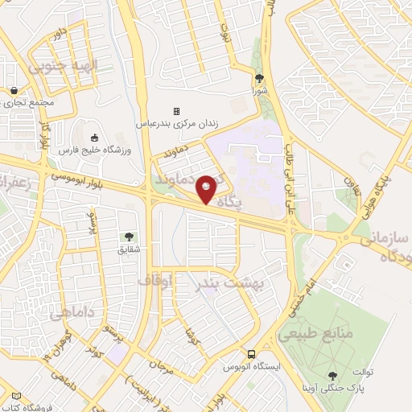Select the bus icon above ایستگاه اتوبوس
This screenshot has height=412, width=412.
point(252,354)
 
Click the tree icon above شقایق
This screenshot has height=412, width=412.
point(129,237)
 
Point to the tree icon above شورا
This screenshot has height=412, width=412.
point(259,79)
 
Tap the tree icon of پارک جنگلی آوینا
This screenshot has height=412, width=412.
point(333,376)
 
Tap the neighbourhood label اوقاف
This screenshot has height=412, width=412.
point(154,281)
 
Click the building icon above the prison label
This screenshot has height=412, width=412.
point(176,111)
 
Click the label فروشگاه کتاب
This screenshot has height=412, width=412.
point(28,407)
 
